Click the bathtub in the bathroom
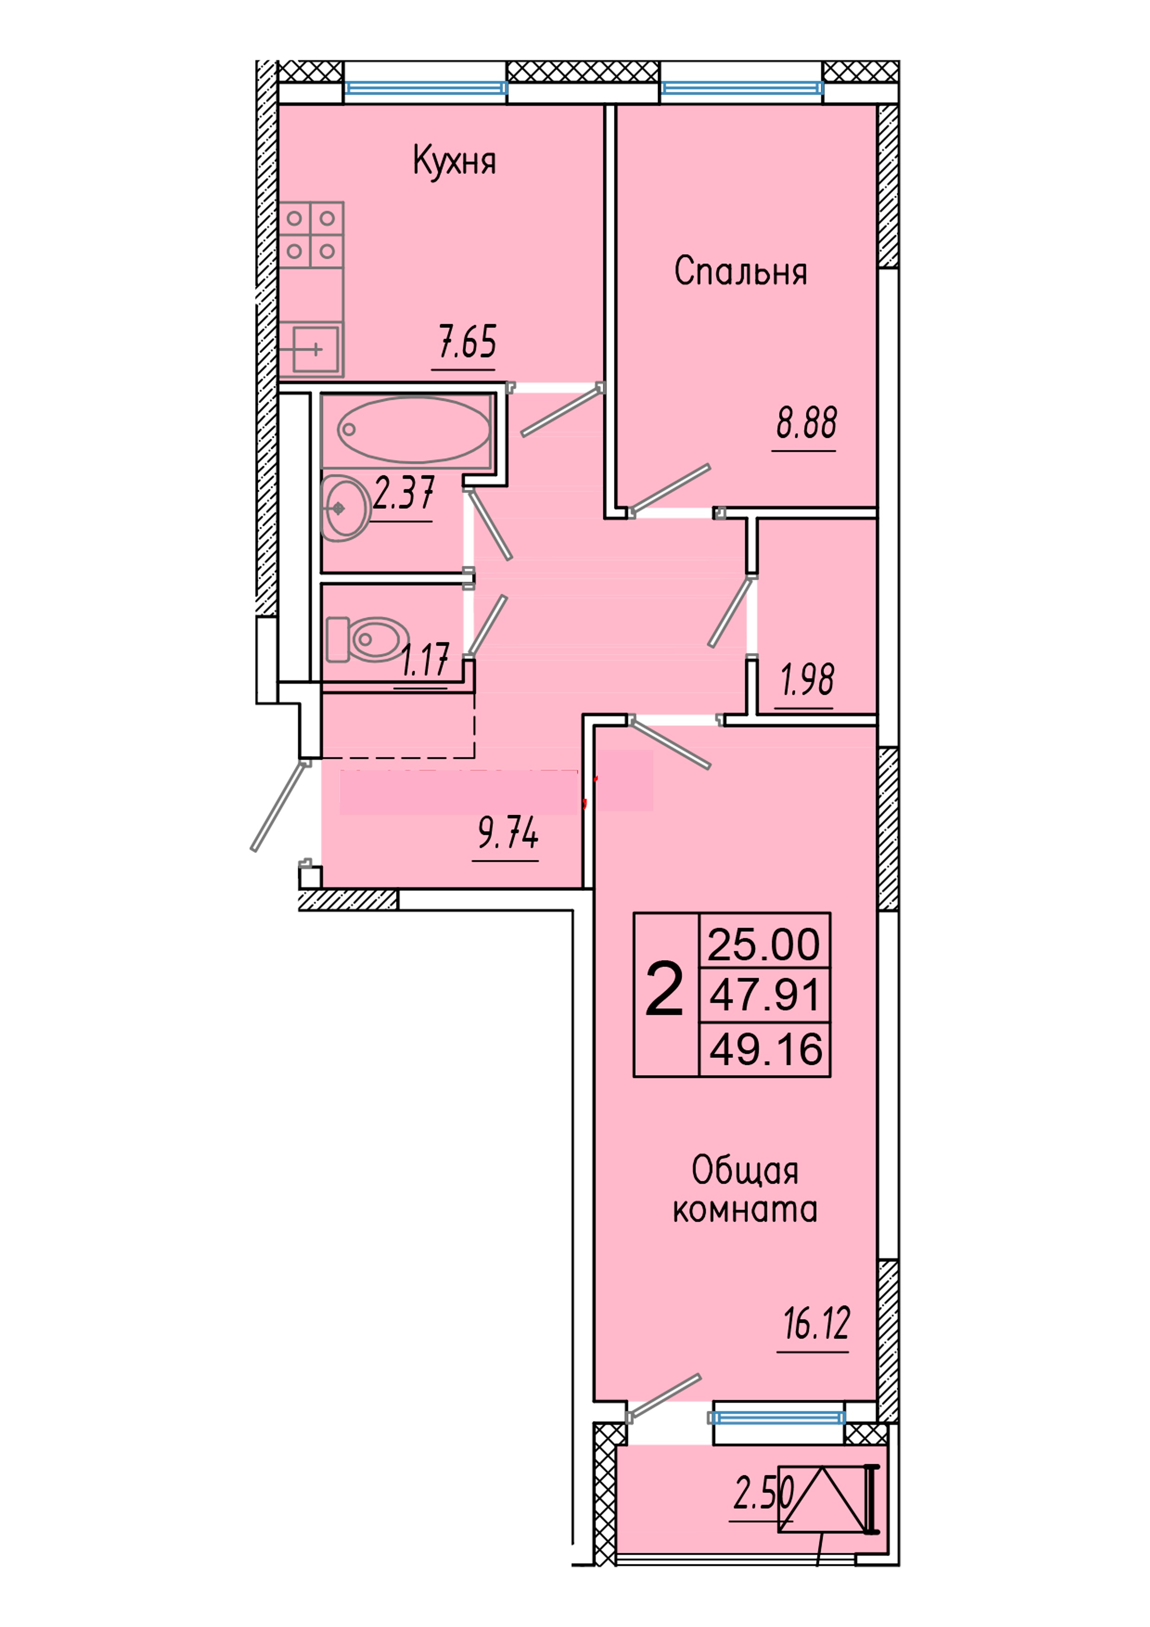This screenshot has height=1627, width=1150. click(x=413, y=429)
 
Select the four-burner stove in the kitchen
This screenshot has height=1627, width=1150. click(x=311, y=235)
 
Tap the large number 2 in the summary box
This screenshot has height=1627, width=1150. click(x=664, y=991)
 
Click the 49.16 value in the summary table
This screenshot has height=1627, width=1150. click(x=765, y=1050)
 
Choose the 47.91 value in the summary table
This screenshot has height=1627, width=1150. click(x=764, y=994)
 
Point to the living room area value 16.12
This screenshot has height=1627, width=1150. click(x=816, y=1323)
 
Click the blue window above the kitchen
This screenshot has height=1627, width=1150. click(x=426, y=88)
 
